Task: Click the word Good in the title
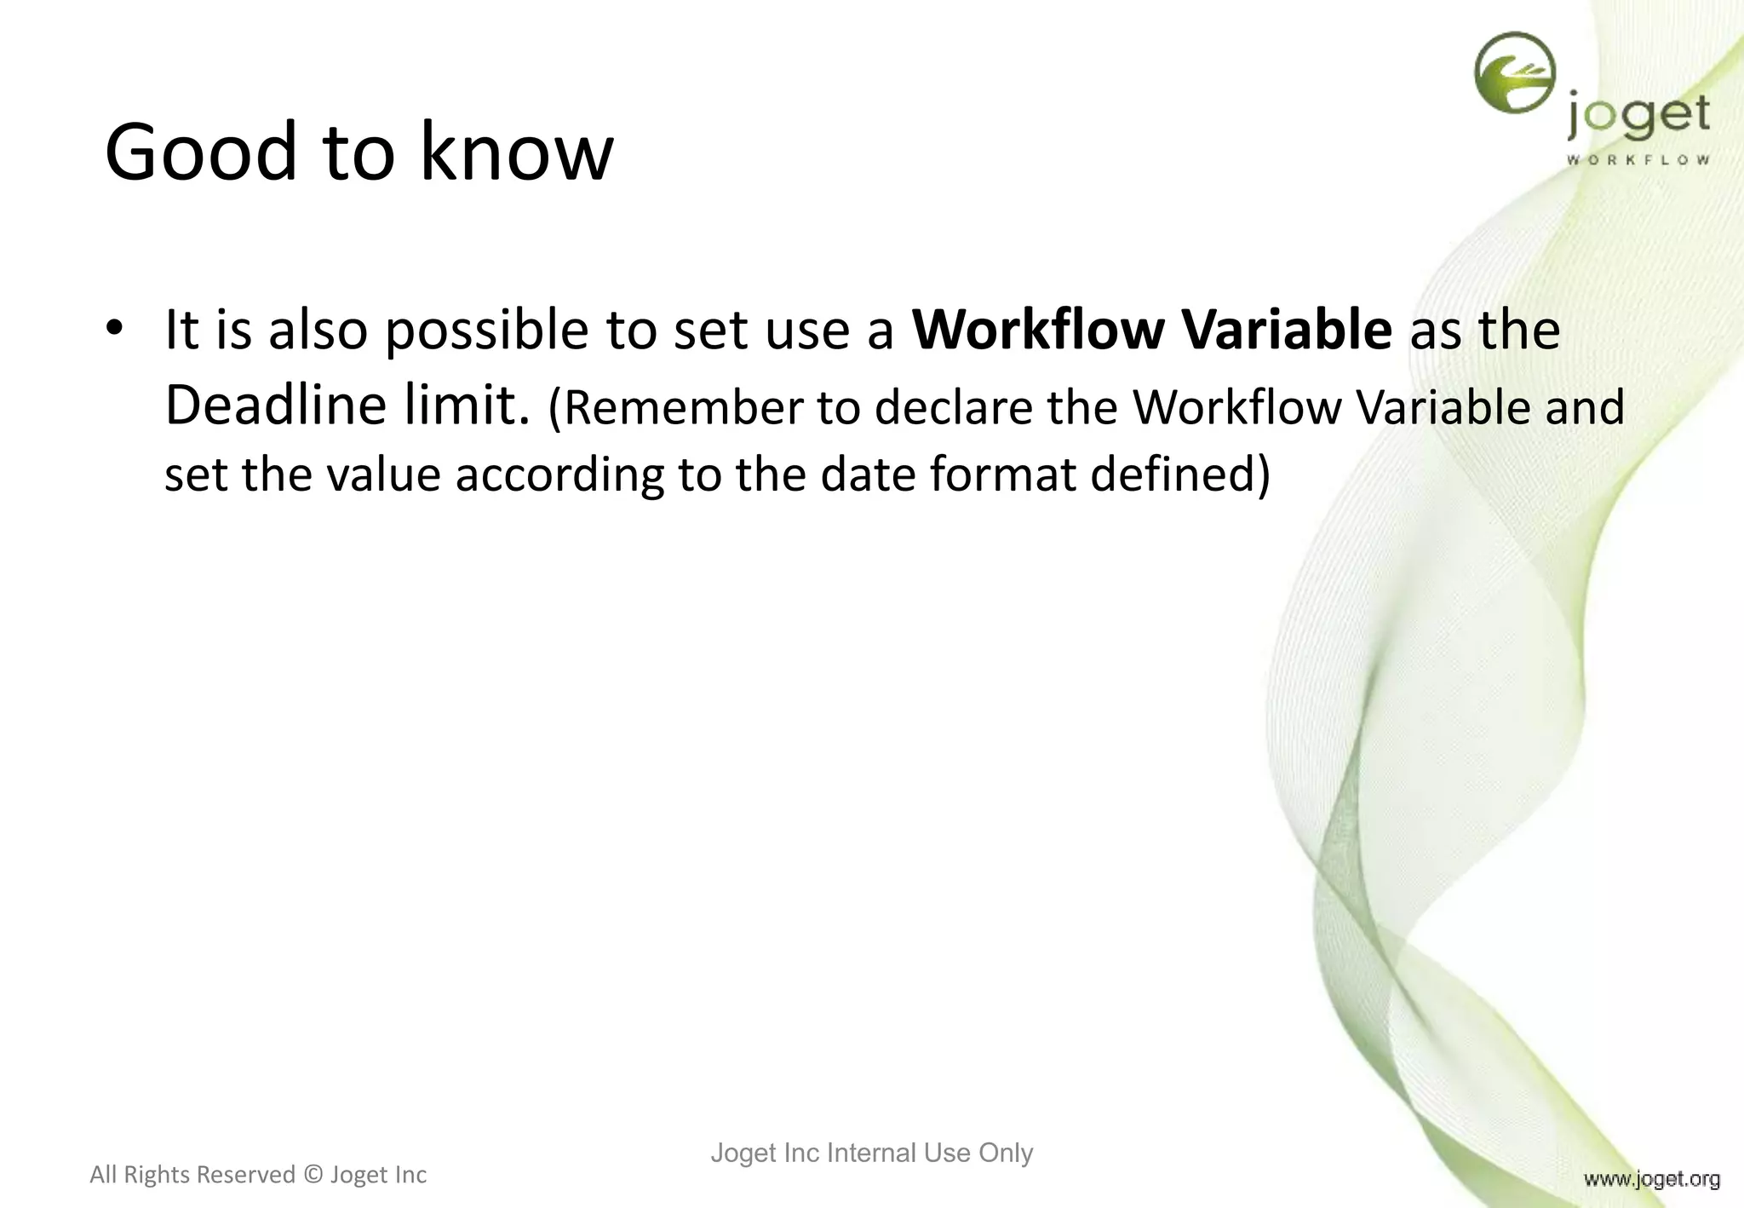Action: (x=201, y=152)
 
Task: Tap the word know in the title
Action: (x=516, y=152)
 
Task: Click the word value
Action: (x=383, y=474)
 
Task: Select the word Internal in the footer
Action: (x=871, y=1153)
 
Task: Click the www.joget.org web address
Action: (x=1651, y=1179)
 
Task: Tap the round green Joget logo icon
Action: (x=1515, y=73)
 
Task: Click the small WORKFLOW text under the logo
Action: (x=1638, y=160)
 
